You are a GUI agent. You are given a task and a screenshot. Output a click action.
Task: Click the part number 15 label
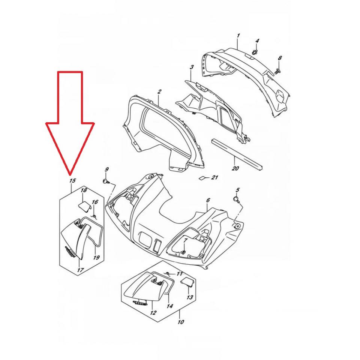pos(72,181)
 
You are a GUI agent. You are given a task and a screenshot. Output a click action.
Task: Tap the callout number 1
pos(238,36)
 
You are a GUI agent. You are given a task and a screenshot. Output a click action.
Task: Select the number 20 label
pos(235,168)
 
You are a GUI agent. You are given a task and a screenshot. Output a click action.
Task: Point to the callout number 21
pos(214,177)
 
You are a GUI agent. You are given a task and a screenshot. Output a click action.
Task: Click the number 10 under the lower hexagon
pos(181,322)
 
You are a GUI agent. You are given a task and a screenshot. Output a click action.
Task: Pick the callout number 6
pos(208,200)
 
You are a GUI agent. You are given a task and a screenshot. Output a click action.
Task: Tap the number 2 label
pos(159,91)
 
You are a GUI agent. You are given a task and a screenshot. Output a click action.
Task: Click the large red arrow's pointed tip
pos(70,173)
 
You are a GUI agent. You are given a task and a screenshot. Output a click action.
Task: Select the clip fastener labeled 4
pos(255,52)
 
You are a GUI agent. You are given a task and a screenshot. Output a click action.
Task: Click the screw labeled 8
pos(277,71)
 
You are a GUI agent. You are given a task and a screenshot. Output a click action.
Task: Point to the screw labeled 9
pos(106,181)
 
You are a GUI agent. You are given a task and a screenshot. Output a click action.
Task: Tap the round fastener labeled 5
pos(236,199)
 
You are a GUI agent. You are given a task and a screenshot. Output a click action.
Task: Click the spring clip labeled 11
pos(168,273)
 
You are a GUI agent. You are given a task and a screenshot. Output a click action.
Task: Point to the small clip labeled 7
pos(183,252)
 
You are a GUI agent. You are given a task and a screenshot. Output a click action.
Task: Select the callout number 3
pos(192,67)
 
